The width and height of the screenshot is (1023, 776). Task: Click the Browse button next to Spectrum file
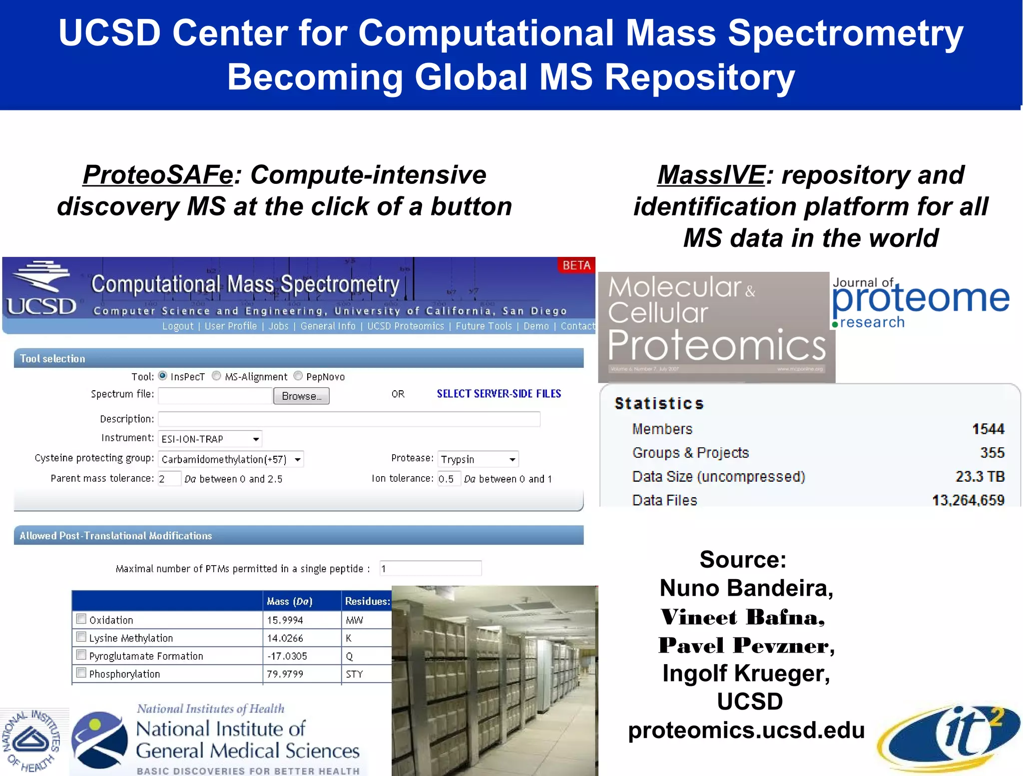click(301, 396)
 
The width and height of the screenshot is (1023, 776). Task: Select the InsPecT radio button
click(163, 376)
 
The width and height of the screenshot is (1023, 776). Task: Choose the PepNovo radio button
click(298, 376)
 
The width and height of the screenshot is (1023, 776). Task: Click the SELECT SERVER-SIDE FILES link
click(499, 394)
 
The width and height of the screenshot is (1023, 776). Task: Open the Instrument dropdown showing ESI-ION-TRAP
click(210, 439)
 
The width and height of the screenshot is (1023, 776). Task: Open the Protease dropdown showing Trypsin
click(478, 459)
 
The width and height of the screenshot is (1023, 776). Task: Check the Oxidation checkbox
click(81, 619)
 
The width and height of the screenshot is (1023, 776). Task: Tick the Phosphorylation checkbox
click(81, 673)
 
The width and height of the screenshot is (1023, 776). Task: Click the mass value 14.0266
click(285, 638)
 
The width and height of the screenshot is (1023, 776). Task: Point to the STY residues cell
click(354, 674)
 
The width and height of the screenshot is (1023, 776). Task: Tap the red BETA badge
click(576, 265)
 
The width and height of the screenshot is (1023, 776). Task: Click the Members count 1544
click(988, 429)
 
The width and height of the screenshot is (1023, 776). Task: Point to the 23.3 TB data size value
click(980, 476)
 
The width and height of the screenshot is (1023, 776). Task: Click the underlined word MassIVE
click(711, 175)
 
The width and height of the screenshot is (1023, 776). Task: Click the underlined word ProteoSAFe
click(158, 175)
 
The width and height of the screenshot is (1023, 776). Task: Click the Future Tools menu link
click(484, 326)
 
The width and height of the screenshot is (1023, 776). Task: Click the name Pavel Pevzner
click(746, 645)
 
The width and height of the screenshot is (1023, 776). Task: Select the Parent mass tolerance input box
click(169, 479)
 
